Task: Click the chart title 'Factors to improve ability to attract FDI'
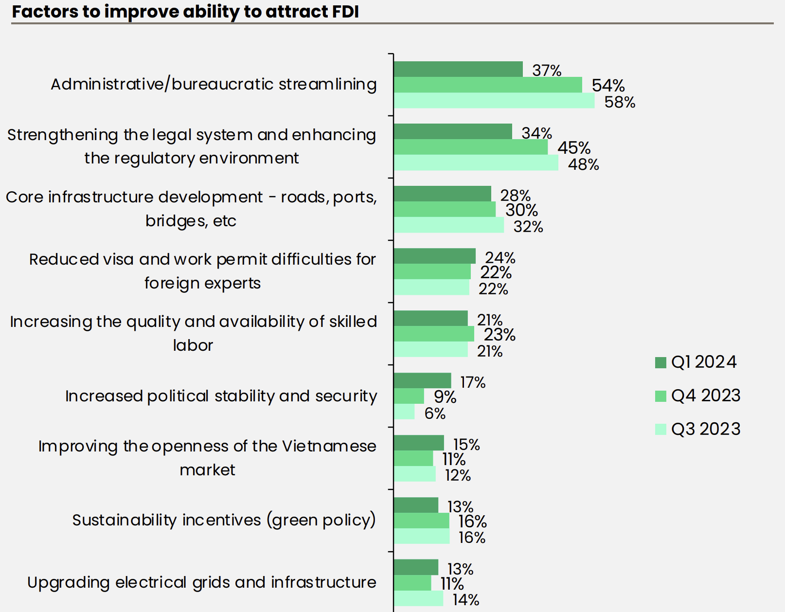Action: [185, 12]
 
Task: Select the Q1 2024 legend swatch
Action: [660, 362]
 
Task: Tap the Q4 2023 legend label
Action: [706, 396]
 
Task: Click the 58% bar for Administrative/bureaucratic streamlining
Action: [494, 101]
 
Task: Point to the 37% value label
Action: [547, 71]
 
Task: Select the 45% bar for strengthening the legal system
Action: [470, 147]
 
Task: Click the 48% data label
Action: [583, 164]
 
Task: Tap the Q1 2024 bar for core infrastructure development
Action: [442, 194]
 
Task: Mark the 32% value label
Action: [528, 227]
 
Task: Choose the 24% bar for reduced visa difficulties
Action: [434, 256]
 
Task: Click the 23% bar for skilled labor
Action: [433, 334]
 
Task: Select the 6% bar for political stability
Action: [404, 412]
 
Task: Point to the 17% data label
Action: [473, 382]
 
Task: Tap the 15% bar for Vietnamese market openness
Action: [418, 443]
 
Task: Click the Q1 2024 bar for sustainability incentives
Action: [416, 505]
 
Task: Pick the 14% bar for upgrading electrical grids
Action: [418, 598]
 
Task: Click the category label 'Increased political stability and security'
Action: [221, 396]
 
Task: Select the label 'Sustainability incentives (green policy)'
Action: [224, 520]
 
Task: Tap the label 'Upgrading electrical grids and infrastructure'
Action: [201, 582]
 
